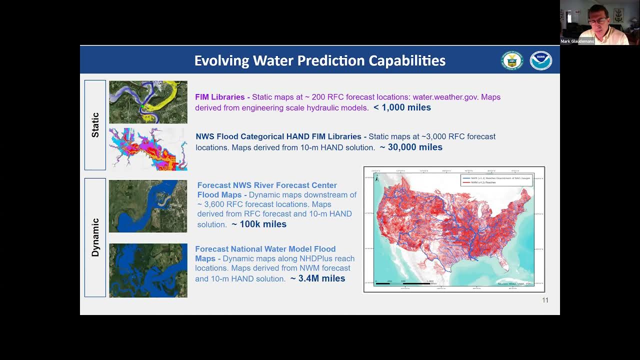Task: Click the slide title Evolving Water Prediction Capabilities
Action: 319,60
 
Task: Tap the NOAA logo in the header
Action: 540,60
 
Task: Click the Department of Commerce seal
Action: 511,60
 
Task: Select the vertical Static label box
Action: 95,125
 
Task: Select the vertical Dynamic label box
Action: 95,237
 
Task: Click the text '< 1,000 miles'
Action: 402,107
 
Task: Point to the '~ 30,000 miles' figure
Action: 411,147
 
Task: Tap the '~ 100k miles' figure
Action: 259,224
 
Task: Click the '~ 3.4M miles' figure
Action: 318,278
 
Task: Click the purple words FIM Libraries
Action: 219,97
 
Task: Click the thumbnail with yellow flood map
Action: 148,102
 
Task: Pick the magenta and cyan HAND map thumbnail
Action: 148,149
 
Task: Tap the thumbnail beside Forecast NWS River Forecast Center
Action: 148,206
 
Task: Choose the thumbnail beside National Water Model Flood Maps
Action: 148,270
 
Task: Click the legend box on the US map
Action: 496,180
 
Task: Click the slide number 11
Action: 545,300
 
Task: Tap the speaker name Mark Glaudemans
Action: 577,41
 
